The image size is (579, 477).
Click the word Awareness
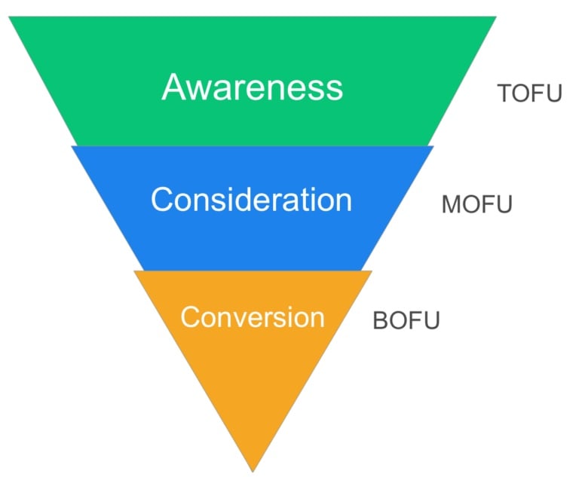252,87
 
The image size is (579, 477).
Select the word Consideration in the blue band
251,200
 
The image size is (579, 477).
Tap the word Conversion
252,316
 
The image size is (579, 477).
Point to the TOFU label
530,94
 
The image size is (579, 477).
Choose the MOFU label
476,205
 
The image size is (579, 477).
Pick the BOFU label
406,320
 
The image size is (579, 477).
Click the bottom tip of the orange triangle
253,470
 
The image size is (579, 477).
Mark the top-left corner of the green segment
10,17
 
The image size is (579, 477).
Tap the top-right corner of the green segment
495,17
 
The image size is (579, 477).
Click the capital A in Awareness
174,87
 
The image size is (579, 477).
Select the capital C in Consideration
162,200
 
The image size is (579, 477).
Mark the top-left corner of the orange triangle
135,271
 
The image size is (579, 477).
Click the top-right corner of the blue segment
434,146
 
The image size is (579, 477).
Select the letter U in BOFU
431,320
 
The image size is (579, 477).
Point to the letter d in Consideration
249,200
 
